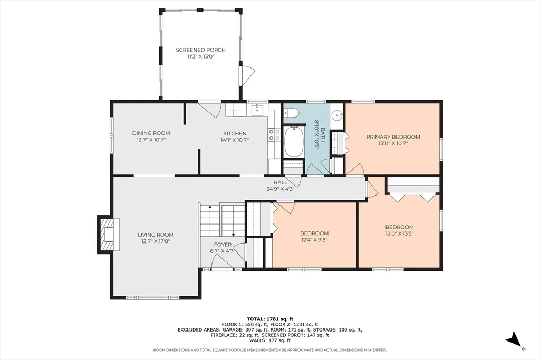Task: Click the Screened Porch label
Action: tap(201, 50)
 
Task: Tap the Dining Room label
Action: tap(151, 133)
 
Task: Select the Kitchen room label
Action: tap(235, 133)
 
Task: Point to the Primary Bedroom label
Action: tap(393, 137)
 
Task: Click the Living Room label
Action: tap(156, 235)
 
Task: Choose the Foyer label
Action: tap(223, 245)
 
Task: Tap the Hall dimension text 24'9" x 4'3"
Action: tap(280, 189)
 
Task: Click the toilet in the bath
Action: tap(291, 112)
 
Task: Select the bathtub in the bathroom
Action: tap(294, 142)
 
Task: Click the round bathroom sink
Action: tap(336, 115)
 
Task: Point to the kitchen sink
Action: tap(257, 110)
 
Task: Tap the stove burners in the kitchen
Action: tap(274, 134)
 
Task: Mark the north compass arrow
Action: tap(514, 339)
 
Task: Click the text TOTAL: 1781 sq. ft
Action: tap(270, 319)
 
